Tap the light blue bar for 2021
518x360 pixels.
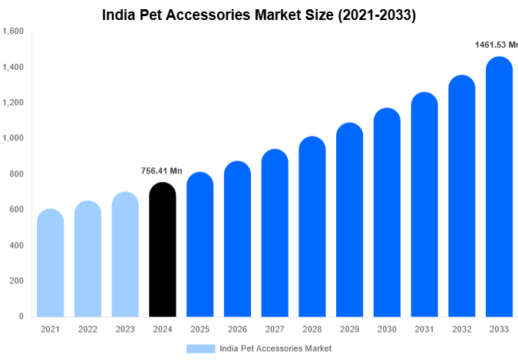[x=50, y=263]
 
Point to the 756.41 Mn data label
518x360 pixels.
[x=162, y=170]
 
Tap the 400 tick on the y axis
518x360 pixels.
[x=17, y=246]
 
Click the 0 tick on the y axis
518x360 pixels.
[x=21, y=316]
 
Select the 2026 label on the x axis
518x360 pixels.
[x=237, y=329]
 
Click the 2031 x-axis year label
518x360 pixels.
[x=424, y=329]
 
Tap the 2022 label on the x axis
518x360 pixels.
[x=87, y=329]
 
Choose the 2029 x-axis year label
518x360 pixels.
[x=350, y=329]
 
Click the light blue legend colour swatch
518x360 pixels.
[x=200, y=348]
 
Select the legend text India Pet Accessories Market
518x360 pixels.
[x=275, y=348]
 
